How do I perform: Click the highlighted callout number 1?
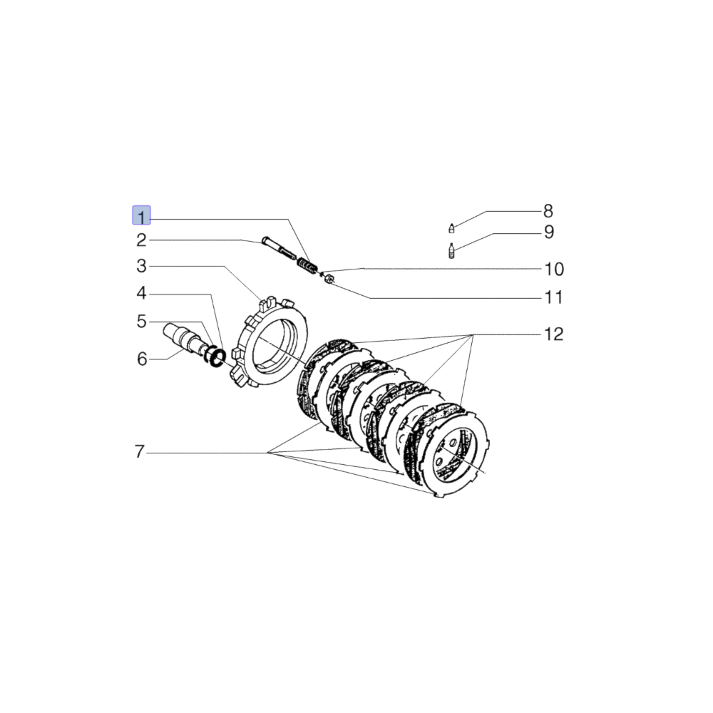(x=141, y=215)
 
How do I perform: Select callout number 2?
(x=141, y=240)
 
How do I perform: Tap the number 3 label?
(x=141, y=267)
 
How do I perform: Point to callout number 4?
(x=141, y=293)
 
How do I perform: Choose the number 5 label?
(x=141, y=322)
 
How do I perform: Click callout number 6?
(x=141, y=359)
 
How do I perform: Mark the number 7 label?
(x=140, y=452)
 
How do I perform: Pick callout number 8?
(x=548, y=211)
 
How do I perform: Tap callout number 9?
(x=548, y=232)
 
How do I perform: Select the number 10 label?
(x=554, y=269)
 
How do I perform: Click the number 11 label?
(x=554, y=297)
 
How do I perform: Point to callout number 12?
(x=554, y=334)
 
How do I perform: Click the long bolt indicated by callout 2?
(x=279, y=247)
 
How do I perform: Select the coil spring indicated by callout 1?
(x=307, y=264)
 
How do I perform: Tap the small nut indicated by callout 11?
(x=329, y=280)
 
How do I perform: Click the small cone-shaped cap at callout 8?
(x=451, y=228)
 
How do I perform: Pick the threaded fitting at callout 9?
(x=451, y=250)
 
